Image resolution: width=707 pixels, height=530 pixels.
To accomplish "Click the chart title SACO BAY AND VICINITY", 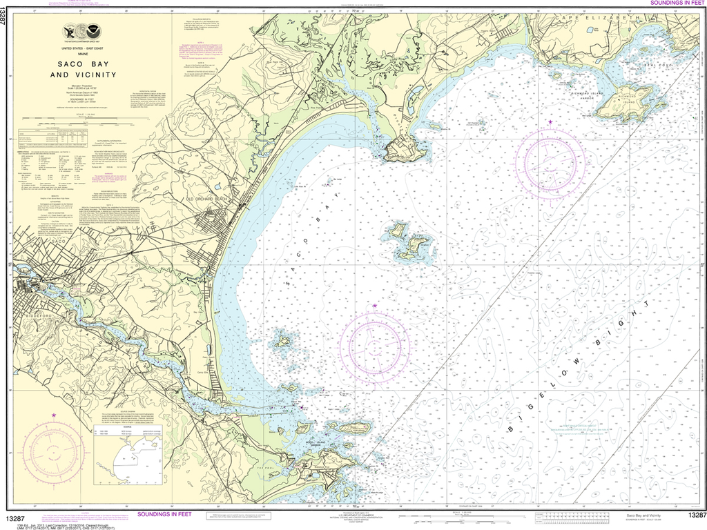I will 82,68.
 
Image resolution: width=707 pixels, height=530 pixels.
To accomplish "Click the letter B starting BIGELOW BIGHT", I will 512,430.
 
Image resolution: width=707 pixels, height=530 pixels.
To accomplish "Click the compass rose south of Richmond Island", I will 550,162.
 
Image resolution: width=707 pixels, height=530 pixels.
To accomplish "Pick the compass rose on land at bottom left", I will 54,453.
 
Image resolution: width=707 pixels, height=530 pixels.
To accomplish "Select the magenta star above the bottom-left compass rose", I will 54,415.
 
